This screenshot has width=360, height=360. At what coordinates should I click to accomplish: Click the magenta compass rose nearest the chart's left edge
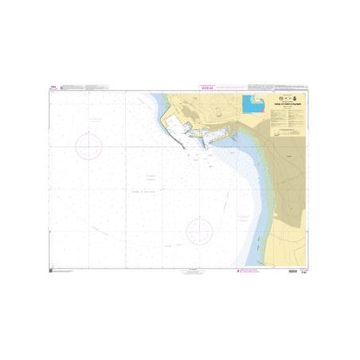point(88,146)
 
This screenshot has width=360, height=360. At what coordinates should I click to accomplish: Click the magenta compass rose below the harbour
point(198,233)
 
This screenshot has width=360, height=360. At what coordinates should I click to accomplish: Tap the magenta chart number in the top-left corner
point(53,89)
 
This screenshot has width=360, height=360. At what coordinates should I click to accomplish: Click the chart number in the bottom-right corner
point(306,273)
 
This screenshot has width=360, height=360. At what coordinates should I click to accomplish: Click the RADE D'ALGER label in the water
point(151,189)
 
